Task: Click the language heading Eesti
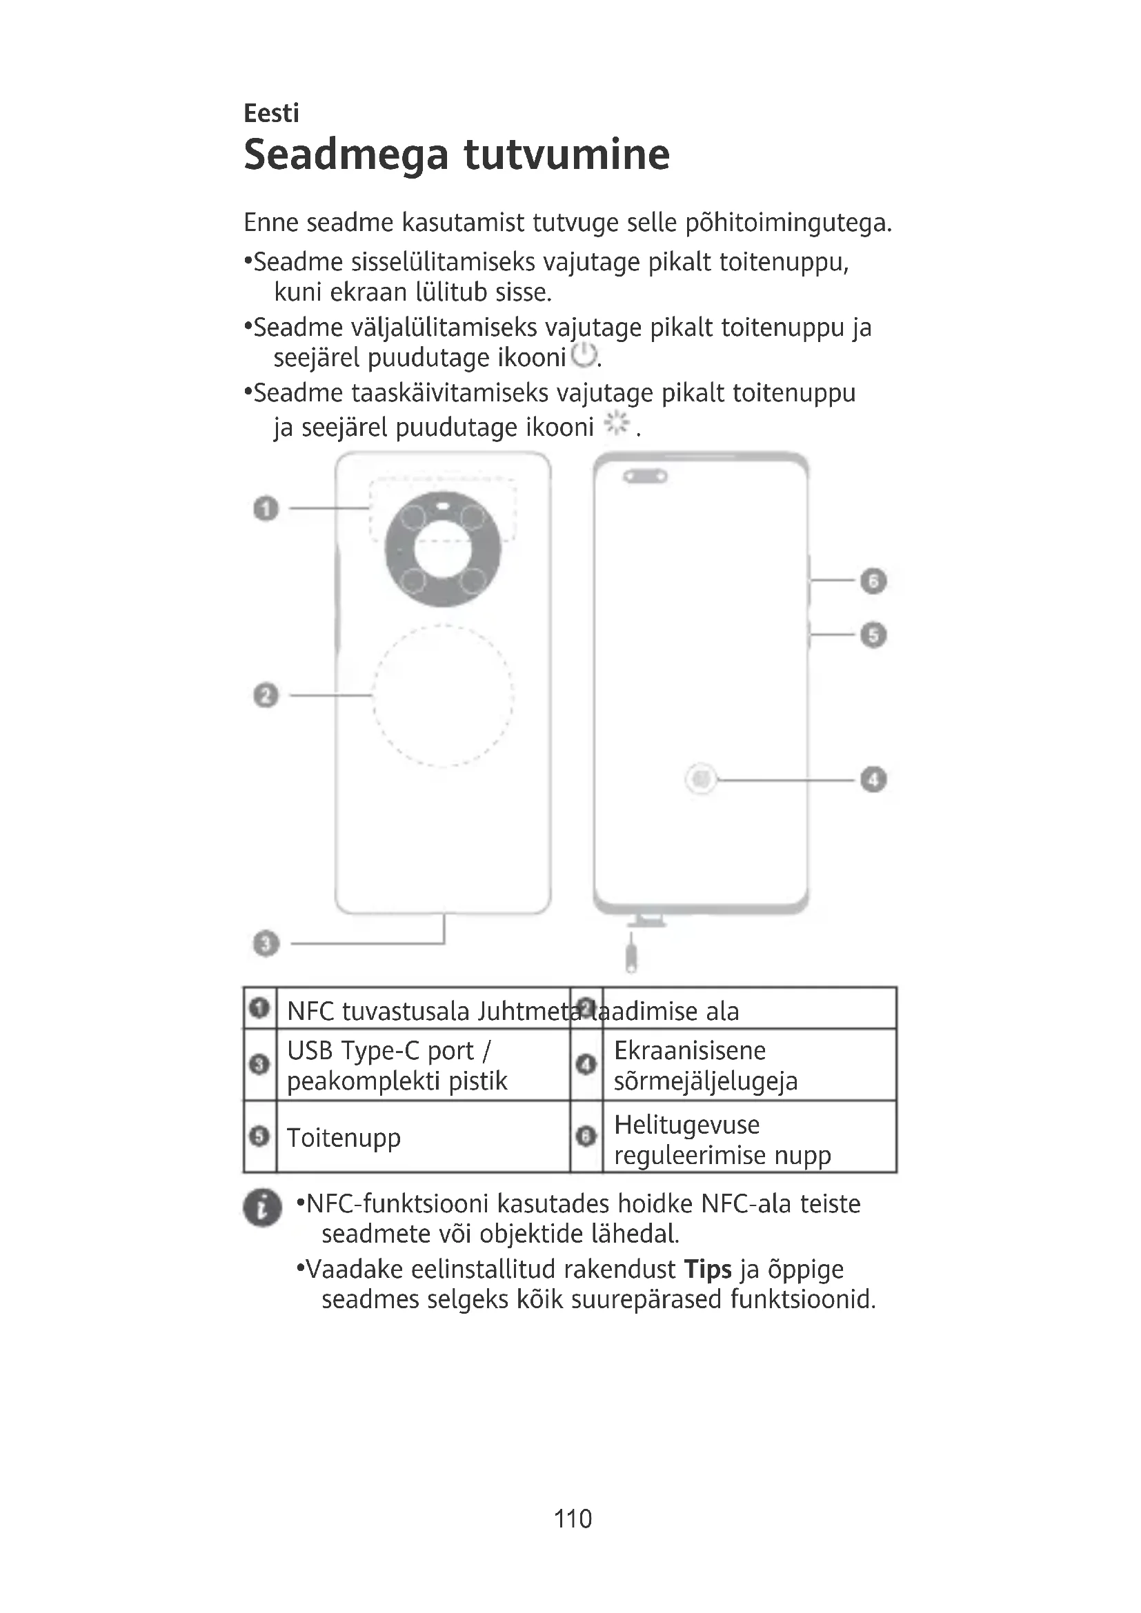click(x=271, y=113)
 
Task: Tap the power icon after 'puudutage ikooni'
click(x=584, y=355)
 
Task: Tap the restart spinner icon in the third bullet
click(x=617, y=423)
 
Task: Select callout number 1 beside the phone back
click(x=266, y=508)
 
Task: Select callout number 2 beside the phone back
click(x=266, y=696)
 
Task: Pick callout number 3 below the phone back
click(x=266, y=943)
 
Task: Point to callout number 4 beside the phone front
click(x=873, y=779)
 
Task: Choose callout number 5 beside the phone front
click(x=873, y=635)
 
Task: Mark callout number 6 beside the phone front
click(x=873, y=581)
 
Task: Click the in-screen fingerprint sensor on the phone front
click(x=700, y=779)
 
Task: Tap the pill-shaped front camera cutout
click(x=645, y=477)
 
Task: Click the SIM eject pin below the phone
click(x=631, y=954)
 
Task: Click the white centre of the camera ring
click(x=443, y=550)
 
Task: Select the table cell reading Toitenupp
click(x=344, y=1137)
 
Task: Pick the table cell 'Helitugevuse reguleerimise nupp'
click(x=722, y=1139)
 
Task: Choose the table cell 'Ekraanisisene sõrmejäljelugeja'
click(x=706, y=1065)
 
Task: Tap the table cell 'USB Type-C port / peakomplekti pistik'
click(x=397, y=1065)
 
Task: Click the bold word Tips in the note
click(x=708, y=1270)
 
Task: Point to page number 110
click(x=573, y=1519)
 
